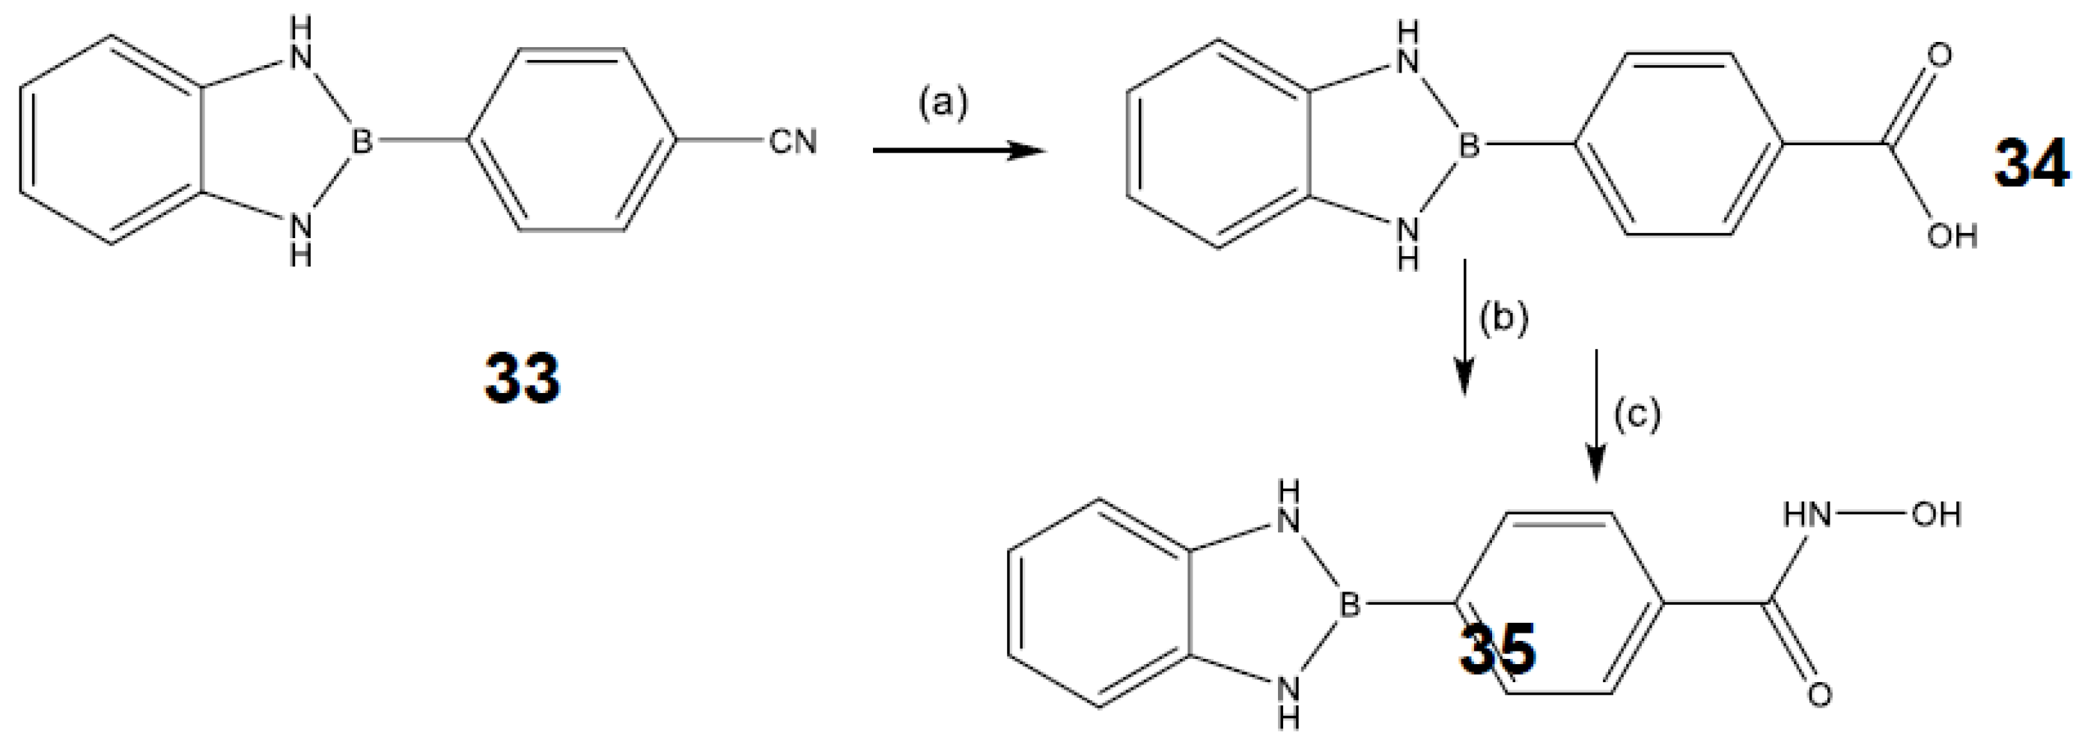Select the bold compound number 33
pyautogui.click(x=522, y=378)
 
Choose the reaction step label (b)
pyautogui.click(x=1504, y=319)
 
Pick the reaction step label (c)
pyautogui.click(x=1637, y=414)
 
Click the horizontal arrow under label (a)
pyautogui.click(x=958, y=150)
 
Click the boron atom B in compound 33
pyautogui.click(x=362, y=142)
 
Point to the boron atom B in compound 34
pyautogui.click(x=1469, y=147)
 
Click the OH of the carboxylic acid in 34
pyautogui.click(x=1952, y=237)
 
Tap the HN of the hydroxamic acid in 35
pyautogui.click(x=1807, y=514)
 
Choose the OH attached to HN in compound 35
pyautogui.click(x=1936, y=514)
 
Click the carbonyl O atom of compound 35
pyautogui.click(x=1819, y=695)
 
